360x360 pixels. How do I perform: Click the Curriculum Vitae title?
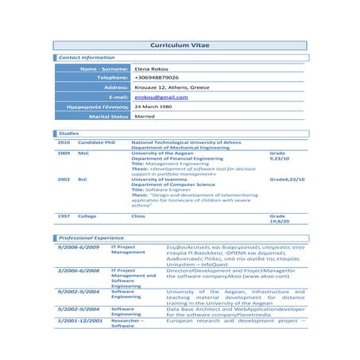tap(180, 45)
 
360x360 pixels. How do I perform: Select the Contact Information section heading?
tap(87, 58)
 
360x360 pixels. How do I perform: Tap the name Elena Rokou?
tap(151, 70)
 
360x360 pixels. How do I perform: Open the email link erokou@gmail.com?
tap(161, 97)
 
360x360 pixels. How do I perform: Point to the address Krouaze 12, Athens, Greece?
tap(172, 87)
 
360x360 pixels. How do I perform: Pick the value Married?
tap(145, 116)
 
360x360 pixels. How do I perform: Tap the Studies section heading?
tap(68, 133)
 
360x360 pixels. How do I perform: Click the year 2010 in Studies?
tap(64, 142)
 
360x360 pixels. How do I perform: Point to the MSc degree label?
tap(83, 152)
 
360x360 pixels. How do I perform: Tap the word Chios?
tap(138, 216)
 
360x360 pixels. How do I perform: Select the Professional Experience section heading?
tap(91, 238)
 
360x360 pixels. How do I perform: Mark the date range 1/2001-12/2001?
tap(79, 319)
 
